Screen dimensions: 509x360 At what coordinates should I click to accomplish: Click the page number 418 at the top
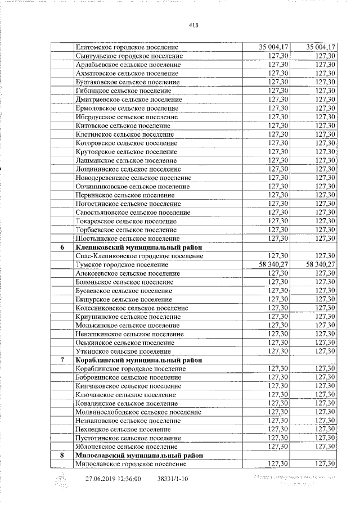[195, 25]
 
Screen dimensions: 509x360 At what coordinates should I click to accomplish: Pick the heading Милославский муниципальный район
[138, 455]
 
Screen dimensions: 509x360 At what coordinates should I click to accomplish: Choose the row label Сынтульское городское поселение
[130, 56]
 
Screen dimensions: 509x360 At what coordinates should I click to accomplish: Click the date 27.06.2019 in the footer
[98, 479]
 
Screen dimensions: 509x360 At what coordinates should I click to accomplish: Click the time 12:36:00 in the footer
[128, 479]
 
